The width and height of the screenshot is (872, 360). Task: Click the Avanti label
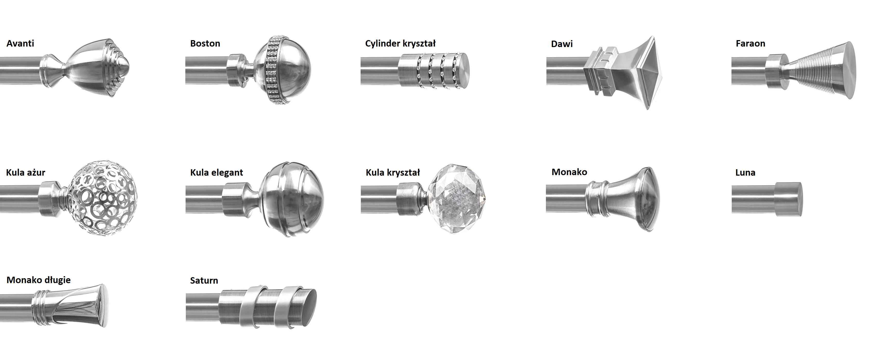point(20,43)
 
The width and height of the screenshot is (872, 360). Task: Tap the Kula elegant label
point(217,173)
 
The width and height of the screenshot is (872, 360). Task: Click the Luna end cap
point(788,199)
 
